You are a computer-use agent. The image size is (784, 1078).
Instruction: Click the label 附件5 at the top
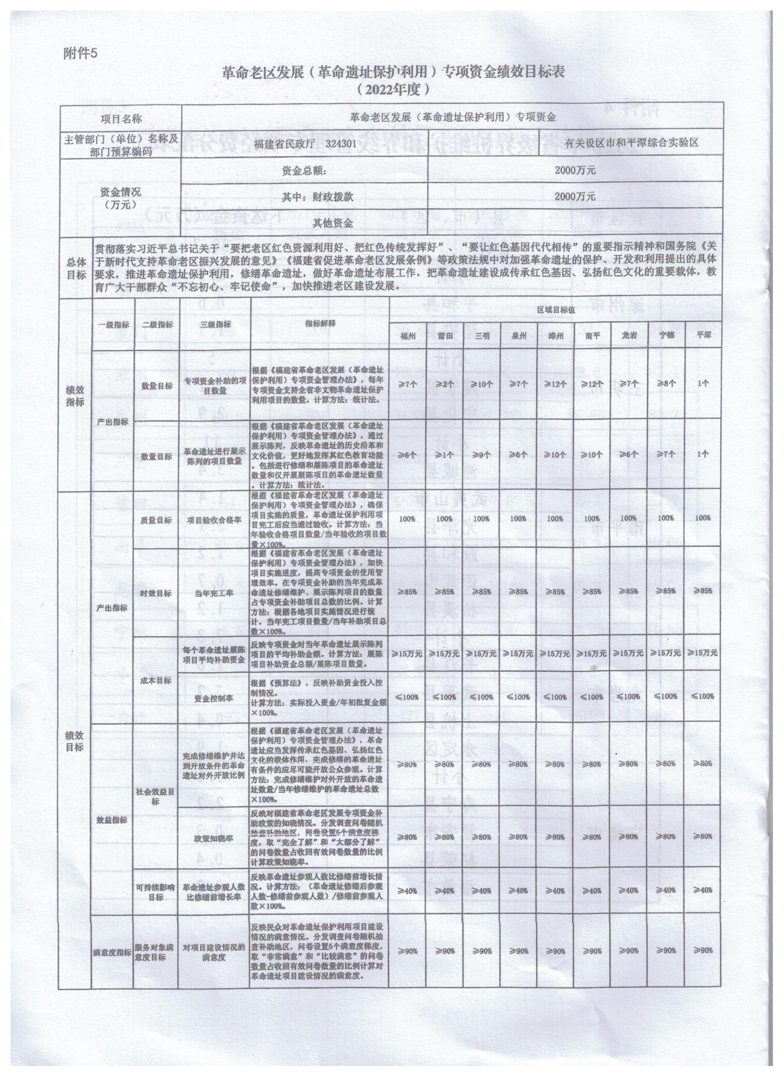tap(79, 53)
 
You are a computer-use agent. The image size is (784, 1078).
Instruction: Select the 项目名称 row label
tap(121, 118)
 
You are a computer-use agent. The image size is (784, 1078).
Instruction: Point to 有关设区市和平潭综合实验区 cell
tap(632, 142)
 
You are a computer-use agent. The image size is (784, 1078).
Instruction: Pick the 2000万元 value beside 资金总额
tap(575, 170)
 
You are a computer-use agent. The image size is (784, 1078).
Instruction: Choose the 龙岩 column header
tap(629, 335)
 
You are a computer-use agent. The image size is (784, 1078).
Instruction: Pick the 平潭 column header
tap(703, 335)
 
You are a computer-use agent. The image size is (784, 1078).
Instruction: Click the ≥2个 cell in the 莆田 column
tap(445, 384)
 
